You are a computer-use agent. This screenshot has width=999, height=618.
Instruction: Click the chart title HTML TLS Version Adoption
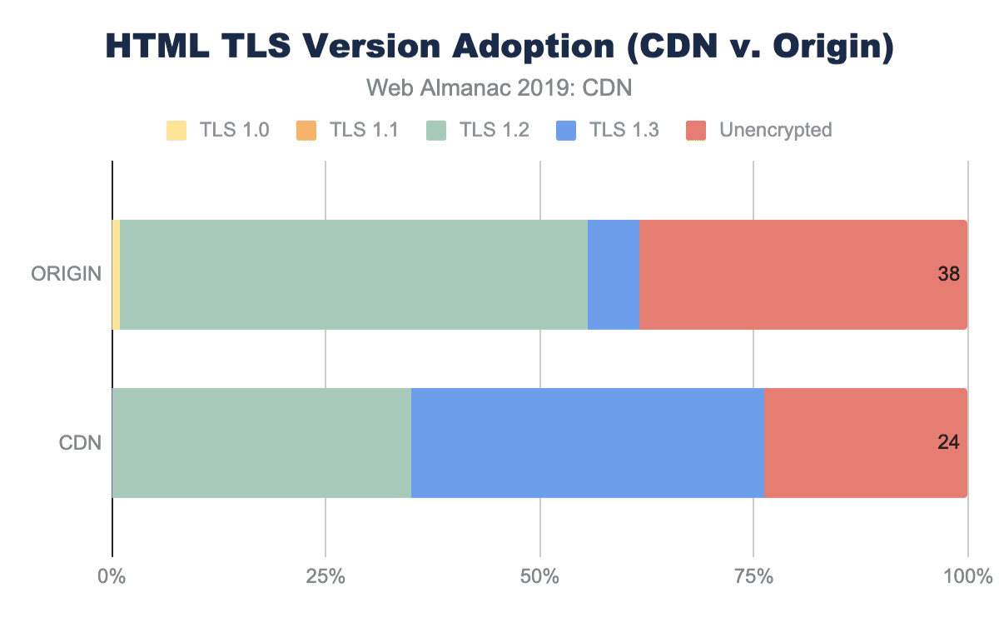tap(499, 47)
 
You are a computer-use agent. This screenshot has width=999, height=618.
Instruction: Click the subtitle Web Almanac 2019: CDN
tap(499, 87)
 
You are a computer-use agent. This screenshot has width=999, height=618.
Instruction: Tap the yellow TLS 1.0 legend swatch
tap(176, 130)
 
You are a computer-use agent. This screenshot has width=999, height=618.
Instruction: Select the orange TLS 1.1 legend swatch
tap(305, 130)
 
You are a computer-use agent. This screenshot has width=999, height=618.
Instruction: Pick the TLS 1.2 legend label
tap(495, 130)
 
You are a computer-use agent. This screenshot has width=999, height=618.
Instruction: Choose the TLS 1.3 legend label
tap(624, 130)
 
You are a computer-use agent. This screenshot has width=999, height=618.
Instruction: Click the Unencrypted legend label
tap(775, 130)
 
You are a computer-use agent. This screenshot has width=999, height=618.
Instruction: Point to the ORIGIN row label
tap(67, 275)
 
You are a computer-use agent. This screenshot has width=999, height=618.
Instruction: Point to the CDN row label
tap(80, 443)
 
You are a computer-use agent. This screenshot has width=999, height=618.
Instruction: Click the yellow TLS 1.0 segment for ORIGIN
tap(116, 275)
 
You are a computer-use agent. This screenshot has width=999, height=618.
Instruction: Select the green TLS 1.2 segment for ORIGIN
tap(354, 275)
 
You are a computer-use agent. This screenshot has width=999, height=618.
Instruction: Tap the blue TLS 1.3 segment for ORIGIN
tap(613, 275)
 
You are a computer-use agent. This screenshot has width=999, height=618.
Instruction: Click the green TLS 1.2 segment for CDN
tap(261, 443)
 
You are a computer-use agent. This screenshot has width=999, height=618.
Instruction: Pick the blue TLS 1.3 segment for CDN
tap(587, 443)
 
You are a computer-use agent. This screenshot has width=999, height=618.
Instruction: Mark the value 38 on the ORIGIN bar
tap(948, 275)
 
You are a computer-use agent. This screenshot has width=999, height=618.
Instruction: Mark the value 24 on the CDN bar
tap(948, 443)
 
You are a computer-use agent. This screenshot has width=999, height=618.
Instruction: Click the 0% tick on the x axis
tap(112, 576)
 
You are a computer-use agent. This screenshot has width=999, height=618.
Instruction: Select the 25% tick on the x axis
tap(326, 576)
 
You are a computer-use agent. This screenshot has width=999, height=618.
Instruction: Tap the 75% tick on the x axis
tap(753, 576)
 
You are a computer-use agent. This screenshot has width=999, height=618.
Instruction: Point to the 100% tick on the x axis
tap(966, 576)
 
